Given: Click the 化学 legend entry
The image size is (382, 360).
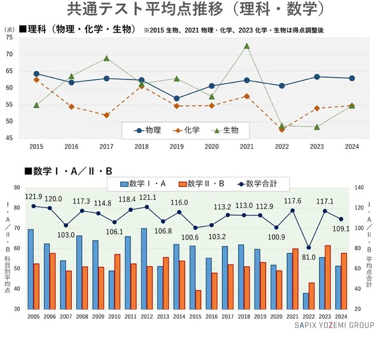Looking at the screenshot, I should (187, 130).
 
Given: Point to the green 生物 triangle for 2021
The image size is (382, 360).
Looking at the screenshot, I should (246, 46).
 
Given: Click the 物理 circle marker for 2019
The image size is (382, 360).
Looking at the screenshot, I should (176, 99).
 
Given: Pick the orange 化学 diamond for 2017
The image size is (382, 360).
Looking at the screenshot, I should (106, 115).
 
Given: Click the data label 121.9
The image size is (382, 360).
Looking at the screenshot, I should (34, 197).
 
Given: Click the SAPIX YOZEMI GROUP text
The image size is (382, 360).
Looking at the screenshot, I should (334, 325).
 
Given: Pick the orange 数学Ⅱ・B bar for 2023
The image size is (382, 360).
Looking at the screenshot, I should (328, 277).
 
